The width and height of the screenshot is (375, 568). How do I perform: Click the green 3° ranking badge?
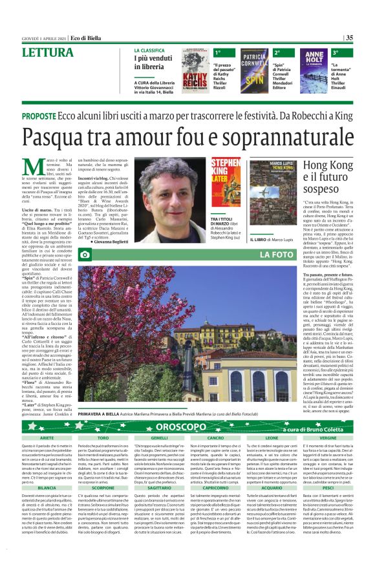(x=336, y=52)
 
